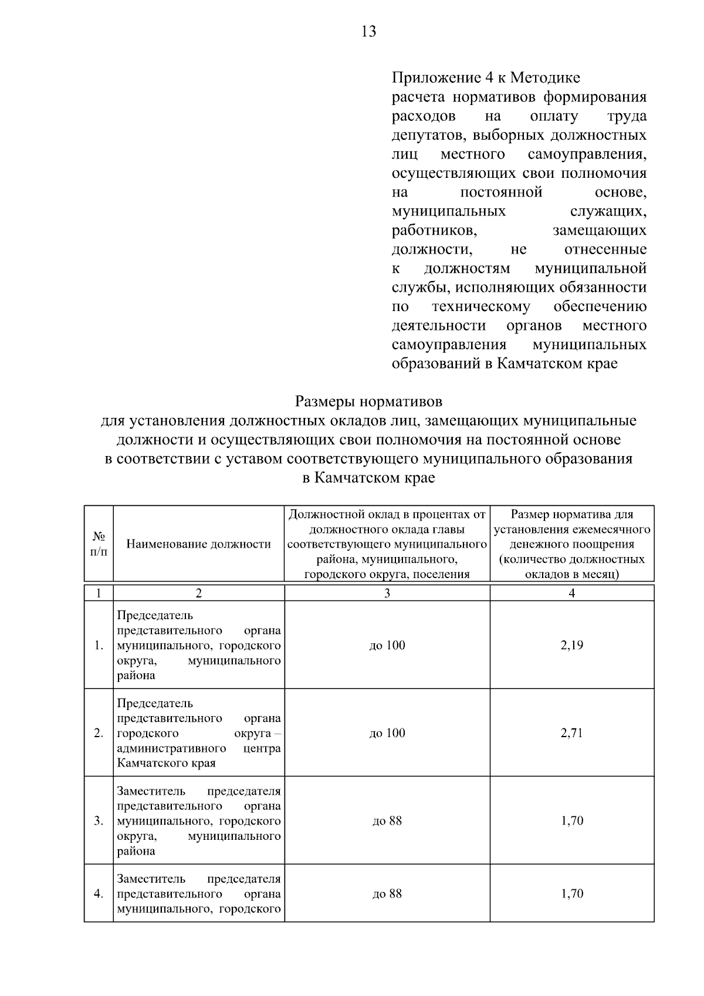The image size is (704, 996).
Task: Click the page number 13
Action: click(x=369, y=32)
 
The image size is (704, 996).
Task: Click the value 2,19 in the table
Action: click(x=572, y=645)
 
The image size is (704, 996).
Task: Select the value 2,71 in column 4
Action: click(x=572, y=732)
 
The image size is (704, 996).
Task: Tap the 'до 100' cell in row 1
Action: click(x=387, y=645)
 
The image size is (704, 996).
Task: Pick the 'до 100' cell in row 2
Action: click(x=387, y=732)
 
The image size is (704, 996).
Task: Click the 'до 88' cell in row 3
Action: click(x=387, y=821)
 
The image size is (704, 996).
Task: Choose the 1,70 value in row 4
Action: click(x=572, y=894)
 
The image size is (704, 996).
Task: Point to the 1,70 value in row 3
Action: click(x=572, y=821)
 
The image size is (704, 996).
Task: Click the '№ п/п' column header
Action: click(x=99, y=543)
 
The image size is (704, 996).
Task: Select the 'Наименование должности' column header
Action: click(x=199, y=544)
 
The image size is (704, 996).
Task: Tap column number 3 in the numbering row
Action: click(x=387, y=593)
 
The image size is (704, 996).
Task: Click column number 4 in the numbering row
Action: click(x=572, y=593)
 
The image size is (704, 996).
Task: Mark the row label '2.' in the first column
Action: click(x=99, y=732)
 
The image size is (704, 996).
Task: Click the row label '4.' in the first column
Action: click(x=99, y=894)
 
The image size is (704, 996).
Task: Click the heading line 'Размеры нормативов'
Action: click(x=368, y=401)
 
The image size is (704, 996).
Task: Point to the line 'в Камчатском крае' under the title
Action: click(x=368, y=478)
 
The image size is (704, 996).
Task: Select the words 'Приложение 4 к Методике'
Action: click(x=486, y=77)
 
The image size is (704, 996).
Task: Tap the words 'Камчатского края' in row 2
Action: click(x=166, y=763)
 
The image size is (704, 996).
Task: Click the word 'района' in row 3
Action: click(x=136, y=851)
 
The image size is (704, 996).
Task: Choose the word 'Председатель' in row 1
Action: click(x=155, y=615)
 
